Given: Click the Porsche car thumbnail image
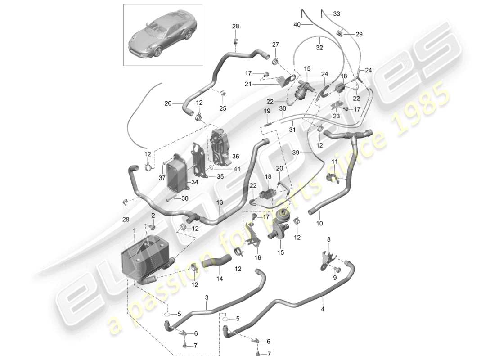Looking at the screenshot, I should click(x=162, y=35).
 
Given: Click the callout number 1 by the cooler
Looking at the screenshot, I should click(x=134, y=231).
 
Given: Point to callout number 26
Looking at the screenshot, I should click(x=167, y=103).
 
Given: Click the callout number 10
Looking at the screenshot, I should click(x=320, y=223).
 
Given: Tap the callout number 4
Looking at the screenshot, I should click(x=322, y=309).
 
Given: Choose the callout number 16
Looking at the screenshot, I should click(x=258, y=258).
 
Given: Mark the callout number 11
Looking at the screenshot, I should click(x=334, y=161).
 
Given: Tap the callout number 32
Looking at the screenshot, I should click(x=319, y=46).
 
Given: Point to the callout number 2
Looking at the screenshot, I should click(x=153, y=216).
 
